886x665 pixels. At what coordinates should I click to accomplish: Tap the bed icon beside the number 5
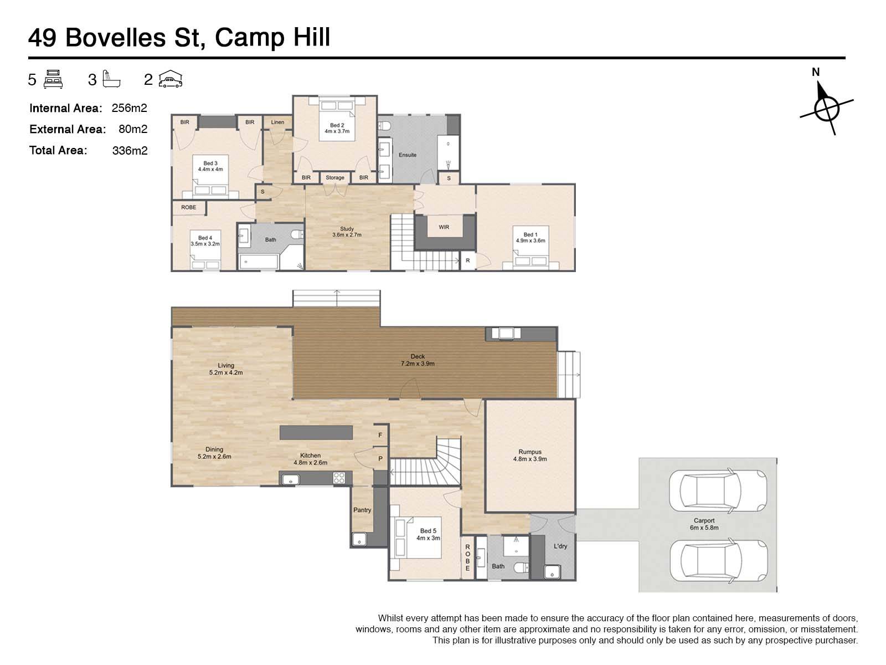53,79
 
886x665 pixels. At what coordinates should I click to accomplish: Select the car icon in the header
171,79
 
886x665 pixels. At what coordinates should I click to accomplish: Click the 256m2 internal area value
129,108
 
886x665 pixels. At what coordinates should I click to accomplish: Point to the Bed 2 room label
337,129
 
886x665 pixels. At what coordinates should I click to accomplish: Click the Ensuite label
407,155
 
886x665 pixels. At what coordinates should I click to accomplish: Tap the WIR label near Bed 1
444,227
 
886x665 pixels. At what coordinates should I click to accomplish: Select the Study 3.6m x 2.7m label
347,232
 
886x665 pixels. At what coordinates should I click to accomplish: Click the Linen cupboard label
277,122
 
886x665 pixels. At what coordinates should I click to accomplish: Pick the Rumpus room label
530,455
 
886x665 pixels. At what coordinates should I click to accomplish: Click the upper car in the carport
718,490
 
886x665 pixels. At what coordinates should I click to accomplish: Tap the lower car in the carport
718,560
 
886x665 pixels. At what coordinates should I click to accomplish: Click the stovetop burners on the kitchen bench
339,478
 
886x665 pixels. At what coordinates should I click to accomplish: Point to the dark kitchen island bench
316,432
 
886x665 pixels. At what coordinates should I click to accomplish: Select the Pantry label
362,510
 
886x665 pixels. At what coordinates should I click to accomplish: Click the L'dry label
560,546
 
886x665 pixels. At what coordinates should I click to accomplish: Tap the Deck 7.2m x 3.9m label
418,360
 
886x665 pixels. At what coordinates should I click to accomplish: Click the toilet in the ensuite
385,126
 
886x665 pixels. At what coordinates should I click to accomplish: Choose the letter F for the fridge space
380,435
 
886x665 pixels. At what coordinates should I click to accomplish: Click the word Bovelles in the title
115,38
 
